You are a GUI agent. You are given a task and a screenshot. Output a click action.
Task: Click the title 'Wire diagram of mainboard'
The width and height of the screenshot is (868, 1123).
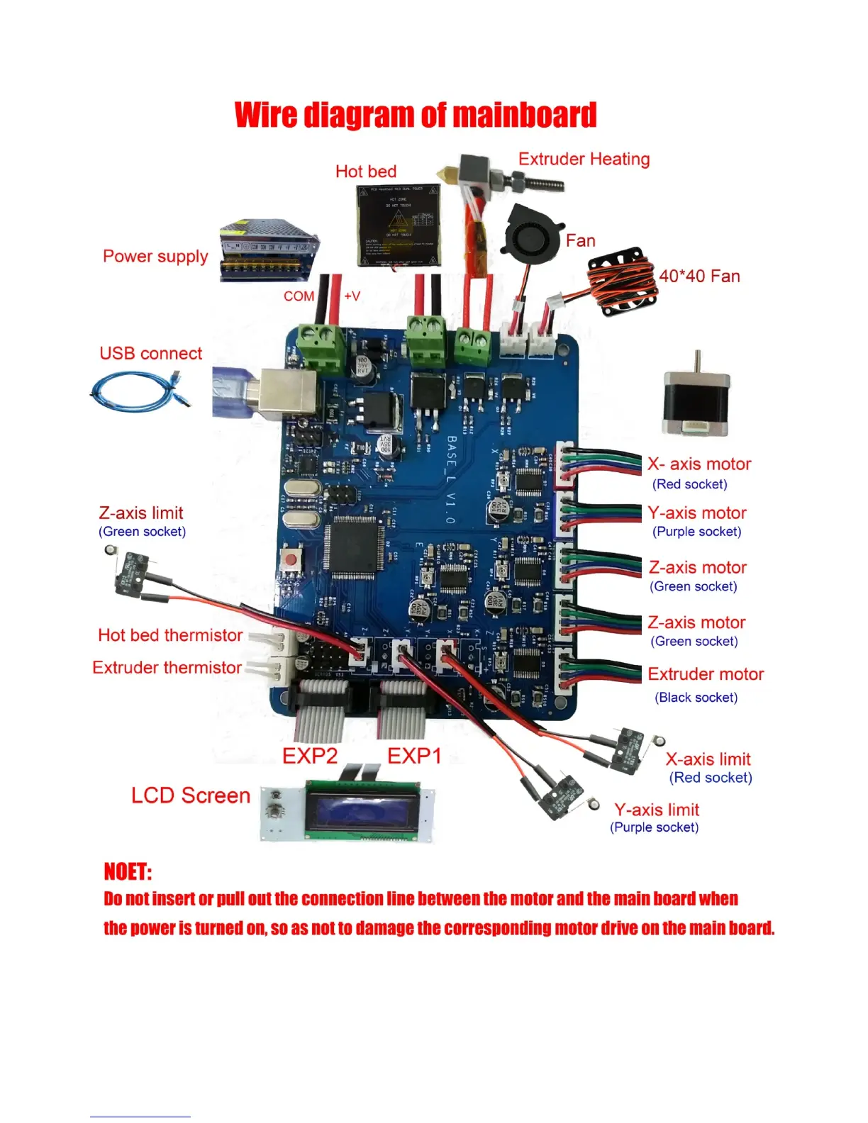click(416, 116)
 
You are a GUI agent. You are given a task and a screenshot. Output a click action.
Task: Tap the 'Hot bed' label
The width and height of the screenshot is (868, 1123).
click(365, 172)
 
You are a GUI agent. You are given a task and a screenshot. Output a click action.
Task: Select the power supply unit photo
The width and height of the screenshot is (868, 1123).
click(269, 251)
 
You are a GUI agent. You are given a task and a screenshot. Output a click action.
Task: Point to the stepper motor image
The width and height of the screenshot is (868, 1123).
click(696, 396)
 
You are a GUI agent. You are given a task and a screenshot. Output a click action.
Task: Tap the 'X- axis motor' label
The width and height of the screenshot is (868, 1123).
click(699, 464)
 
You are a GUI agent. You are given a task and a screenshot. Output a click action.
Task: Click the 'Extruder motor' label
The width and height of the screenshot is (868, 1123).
click(706, 674)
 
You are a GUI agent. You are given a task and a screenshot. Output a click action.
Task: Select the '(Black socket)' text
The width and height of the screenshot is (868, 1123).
click(696, 698)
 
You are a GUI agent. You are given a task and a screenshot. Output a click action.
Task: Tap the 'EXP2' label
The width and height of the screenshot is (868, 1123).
click(310, 756)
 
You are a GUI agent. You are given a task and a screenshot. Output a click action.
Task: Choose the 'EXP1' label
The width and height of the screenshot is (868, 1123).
click(414, 756)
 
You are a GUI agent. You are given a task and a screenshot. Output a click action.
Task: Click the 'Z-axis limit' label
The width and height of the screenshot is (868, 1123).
click(141, 513)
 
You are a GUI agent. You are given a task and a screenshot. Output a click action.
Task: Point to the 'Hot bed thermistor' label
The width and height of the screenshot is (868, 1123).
click(170, 635)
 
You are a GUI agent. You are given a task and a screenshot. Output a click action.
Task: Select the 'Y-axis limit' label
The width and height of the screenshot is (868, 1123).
click(657, 810)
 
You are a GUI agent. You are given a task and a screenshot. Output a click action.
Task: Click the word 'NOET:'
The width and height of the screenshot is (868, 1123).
click(128, 871)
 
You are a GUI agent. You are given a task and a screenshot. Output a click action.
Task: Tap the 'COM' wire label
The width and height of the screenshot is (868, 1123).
click(299, 296)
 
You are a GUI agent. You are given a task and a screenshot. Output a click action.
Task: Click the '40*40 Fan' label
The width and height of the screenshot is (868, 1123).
click(699, 276)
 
